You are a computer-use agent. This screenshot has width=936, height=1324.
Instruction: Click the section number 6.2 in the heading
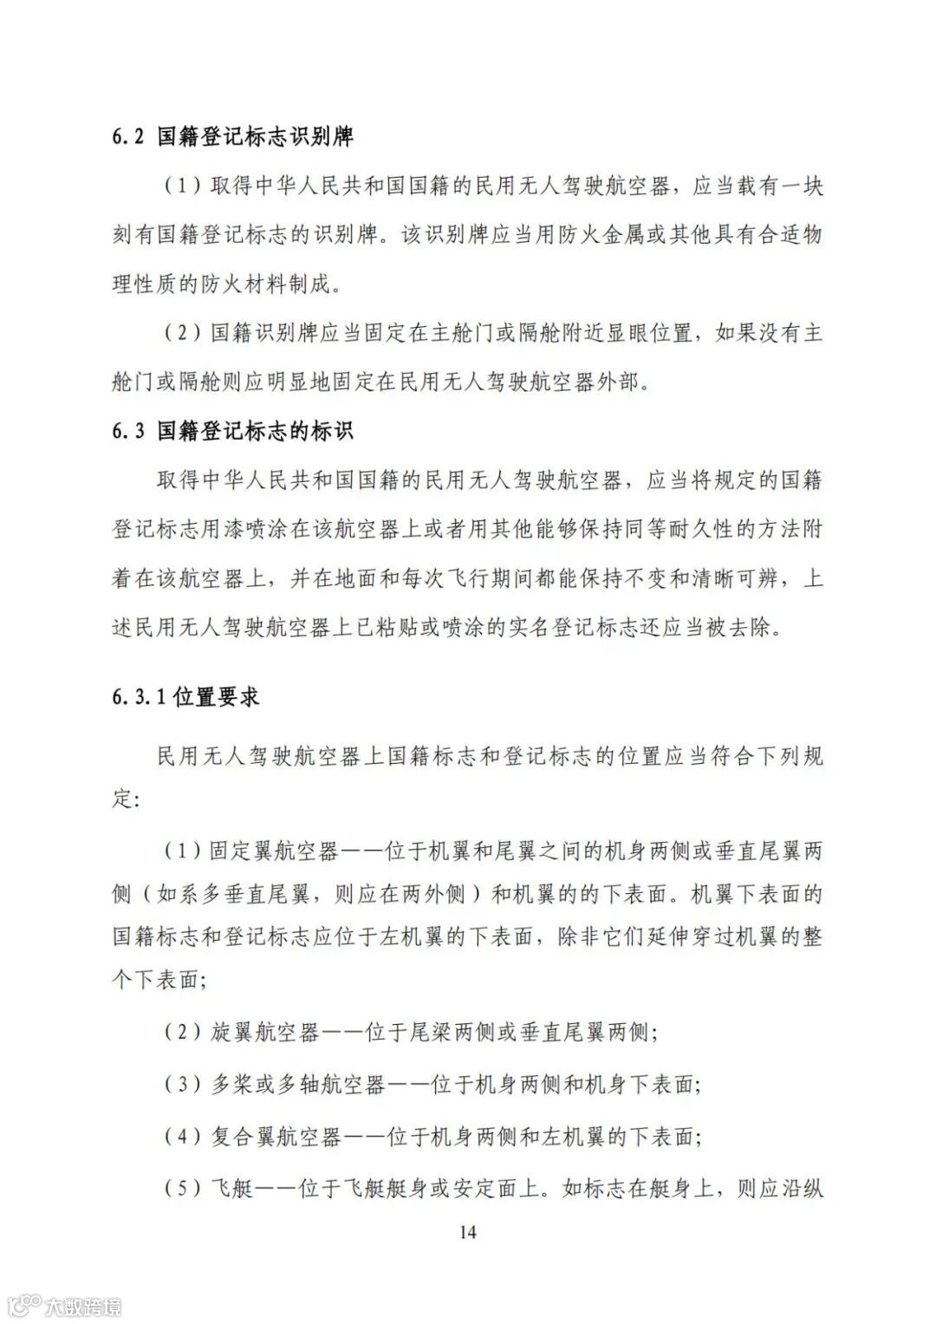coord(127,136)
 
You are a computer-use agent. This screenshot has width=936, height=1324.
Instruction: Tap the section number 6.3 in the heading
coord(127,431)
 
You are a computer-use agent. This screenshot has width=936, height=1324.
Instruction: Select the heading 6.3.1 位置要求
coord(185,697)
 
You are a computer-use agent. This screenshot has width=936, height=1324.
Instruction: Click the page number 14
coord(468,1232)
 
